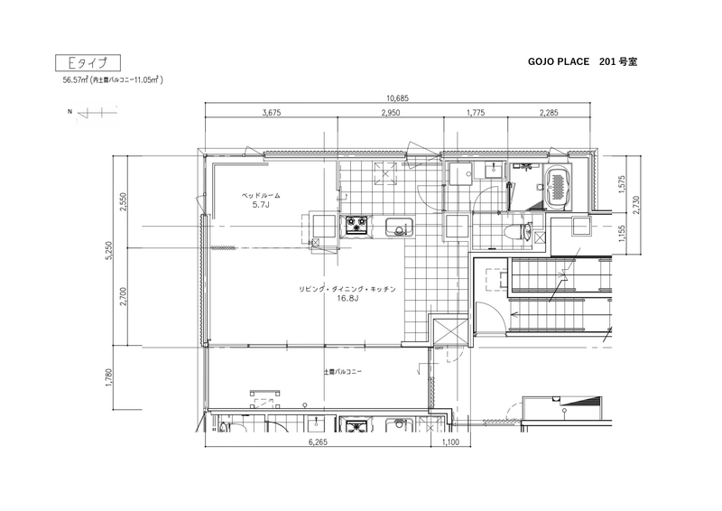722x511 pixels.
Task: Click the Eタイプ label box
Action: (88, 62)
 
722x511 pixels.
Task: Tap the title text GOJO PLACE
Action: (559, 61)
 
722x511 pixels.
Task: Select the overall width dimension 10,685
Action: (397, 98)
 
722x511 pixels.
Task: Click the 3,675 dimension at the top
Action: (272, 113)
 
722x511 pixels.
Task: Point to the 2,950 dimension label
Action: (391, 113)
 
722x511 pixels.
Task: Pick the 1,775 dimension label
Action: (476, 113)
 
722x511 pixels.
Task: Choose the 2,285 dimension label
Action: (549, 113)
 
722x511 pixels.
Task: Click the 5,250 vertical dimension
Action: (109, 251)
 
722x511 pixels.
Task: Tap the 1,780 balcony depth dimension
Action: (109, 376)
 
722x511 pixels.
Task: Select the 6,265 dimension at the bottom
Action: (318, 441)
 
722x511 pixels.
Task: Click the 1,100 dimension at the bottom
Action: (450, 441)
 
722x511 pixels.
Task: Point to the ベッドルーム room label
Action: (261, 195)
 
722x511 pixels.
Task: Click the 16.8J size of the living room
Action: (347, 298)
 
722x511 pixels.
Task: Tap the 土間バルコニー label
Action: (343, 371)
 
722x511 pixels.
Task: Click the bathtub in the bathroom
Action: (558, 187)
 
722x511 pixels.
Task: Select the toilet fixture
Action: (519, 231)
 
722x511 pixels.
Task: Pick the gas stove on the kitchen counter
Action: (356, 226)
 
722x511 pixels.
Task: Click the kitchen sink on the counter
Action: (399, 228)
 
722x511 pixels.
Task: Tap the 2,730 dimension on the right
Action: (636, 204)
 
